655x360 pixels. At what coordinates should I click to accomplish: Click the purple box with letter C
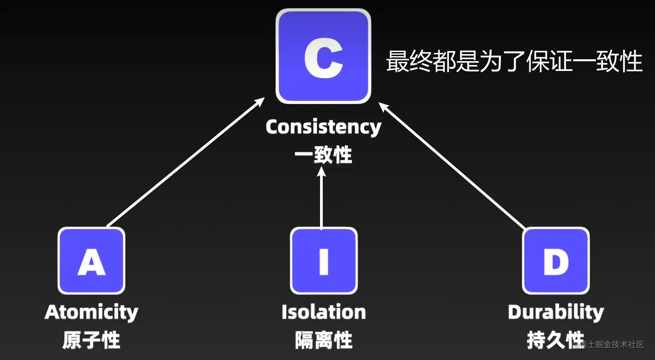coord(323,56)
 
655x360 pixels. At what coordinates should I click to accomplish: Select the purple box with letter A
coord(91,261)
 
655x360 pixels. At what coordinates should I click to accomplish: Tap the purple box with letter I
coord(324,261)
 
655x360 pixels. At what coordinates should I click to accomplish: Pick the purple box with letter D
coord(556,261)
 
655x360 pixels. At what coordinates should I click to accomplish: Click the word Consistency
coord(323,127)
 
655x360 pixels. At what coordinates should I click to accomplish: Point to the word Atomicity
coord(91,312)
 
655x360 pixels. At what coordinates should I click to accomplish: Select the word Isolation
coord(324,312)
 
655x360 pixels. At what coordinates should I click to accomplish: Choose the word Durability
coord(556,312)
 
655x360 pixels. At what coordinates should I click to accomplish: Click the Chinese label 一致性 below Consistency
coord(323,155)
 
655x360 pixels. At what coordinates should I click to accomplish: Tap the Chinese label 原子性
coord(91,340)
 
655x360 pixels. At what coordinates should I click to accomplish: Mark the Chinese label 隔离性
coord(324,340)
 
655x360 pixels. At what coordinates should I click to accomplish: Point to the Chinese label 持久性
coord(549,340)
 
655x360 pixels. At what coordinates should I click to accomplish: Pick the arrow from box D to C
coord(452,165)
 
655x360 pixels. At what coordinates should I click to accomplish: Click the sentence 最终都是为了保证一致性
coord(514,62)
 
